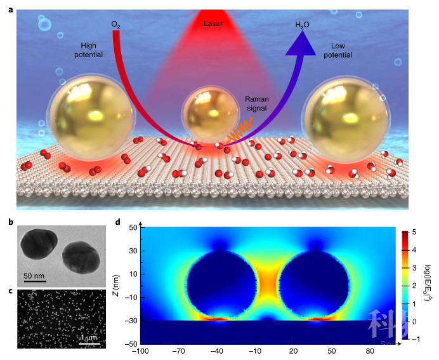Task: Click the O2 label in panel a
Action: tap(115, 24)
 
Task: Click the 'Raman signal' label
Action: tap(256, 103)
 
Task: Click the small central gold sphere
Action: tap(209, 115)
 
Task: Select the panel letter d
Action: tap(117, 222)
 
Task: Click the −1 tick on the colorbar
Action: tap(415, 339)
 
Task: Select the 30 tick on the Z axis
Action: tap(134, 251)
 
